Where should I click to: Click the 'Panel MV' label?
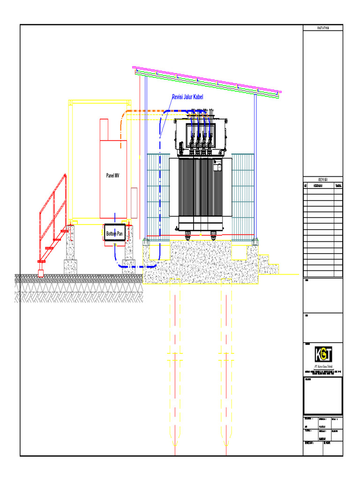click(x=112, y=175)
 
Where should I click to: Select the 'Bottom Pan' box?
click(x=114, y=233)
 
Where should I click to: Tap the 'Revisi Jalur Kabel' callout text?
click(x=187, y=97)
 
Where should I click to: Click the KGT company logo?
click(x=322, y=352)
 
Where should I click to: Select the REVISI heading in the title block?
click(x=322, y=180)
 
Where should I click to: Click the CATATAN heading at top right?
click(x=322, y=28)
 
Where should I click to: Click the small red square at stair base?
click(x=40, y=273)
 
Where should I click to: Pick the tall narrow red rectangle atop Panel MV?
click(x=104, y=129)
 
